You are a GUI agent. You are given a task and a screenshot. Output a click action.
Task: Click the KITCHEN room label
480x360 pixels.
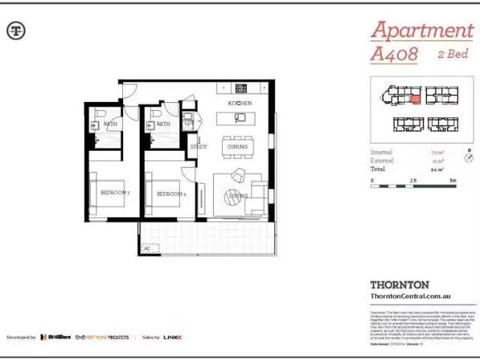click(239, 102)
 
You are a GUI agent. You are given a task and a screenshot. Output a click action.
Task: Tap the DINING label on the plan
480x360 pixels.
click(237, 147)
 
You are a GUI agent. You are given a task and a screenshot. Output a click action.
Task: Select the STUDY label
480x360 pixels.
click(199, 146)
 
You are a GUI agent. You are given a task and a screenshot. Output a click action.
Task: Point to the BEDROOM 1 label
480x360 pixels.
click(115, 193)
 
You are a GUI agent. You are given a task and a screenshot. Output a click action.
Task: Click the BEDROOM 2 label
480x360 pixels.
click(171, 193)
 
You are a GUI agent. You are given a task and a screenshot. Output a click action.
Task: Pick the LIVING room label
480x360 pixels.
click(238, 196)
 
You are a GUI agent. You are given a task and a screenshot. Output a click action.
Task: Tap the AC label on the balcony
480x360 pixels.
click(147, 248)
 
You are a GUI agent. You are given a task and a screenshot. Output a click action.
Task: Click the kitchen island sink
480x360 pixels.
click(240, 117)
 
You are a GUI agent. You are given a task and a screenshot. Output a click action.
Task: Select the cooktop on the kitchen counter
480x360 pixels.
click(241, 87)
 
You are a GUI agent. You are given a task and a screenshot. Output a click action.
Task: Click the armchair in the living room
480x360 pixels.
click(238, 175)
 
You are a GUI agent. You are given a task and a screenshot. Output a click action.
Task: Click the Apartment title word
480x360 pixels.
click(421, 31)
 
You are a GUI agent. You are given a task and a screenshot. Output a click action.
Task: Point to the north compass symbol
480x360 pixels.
click(469, 157)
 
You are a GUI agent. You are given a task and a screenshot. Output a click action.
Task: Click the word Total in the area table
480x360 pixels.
click(379, 169)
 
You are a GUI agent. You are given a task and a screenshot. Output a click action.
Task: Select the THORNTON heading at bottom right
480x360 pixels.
click(400, 285)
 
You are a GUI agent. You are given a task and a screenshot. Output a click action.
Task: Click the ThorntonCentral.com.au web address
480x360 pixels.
click(409, 297)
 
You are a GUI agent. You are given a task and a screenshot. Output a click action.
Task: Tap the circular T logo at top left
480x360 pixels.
click(16, 31)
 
